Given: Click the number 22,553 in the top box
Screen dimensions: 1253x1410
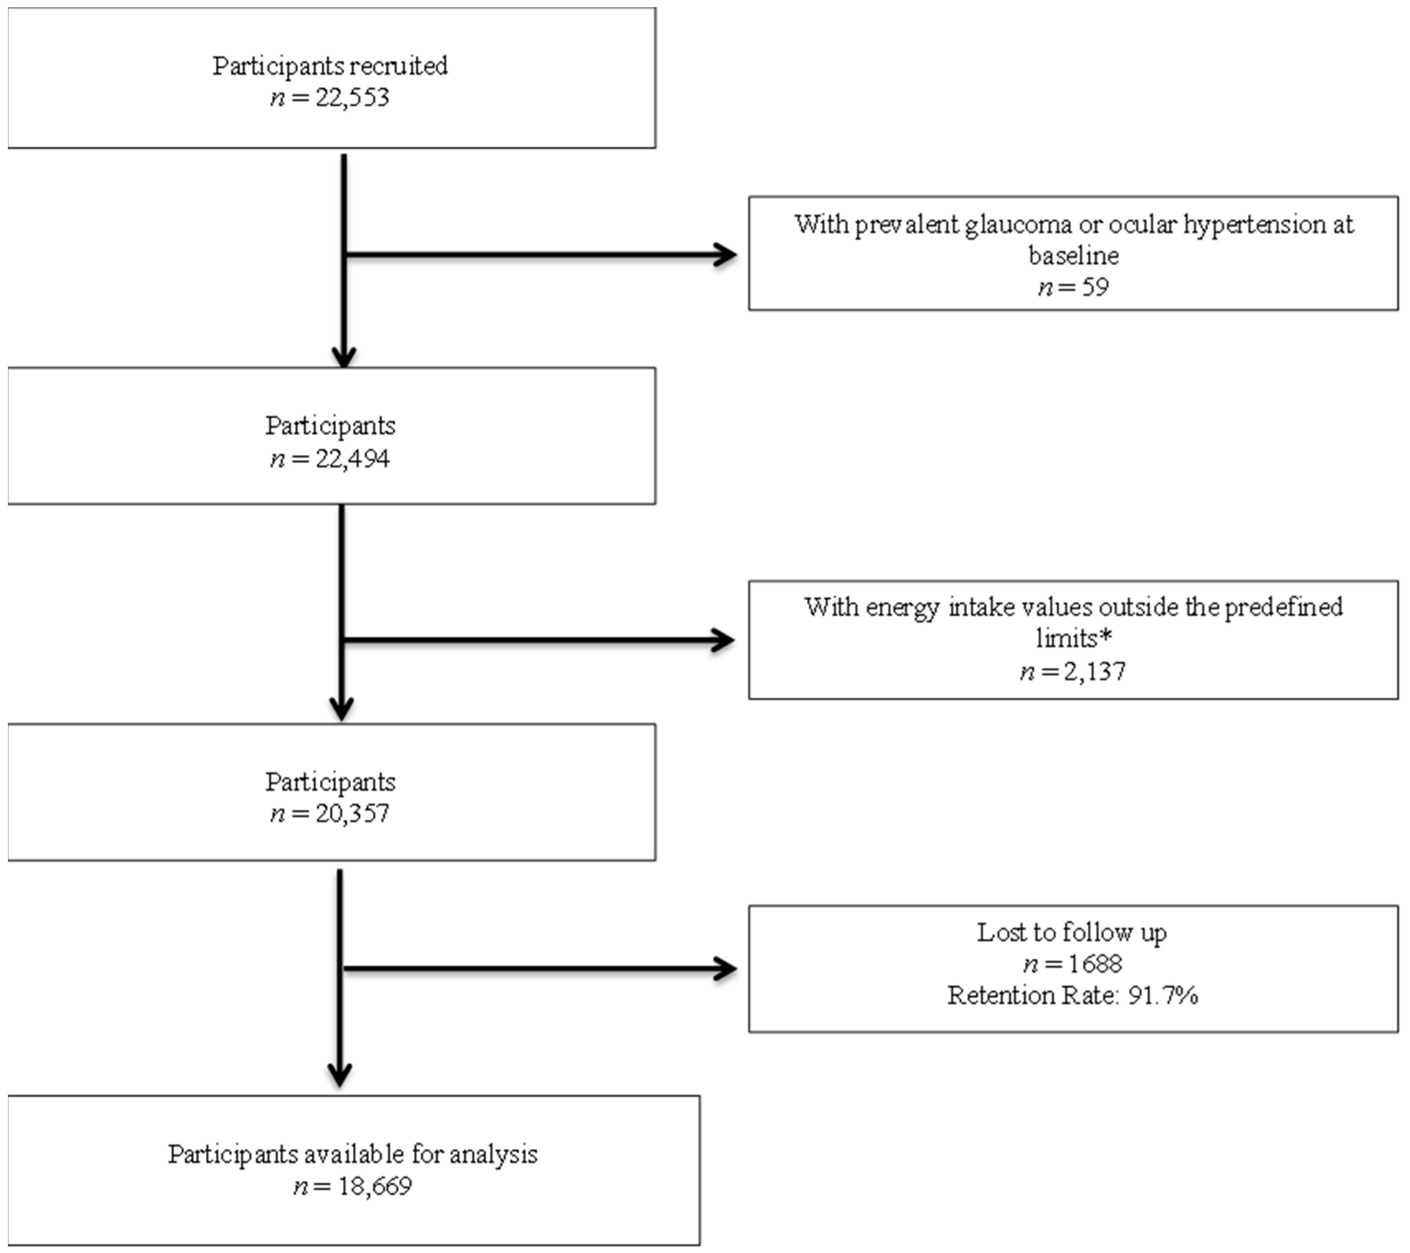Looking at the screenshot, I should pyautogui.click(x=352, y=98).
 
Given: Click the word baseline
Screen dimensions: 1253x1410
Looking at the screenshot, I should pyautogui.click(x=1073, y=256).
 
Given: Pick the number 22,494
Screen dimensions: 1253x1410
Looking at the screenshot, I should pyautogui.click(x=352, y=459).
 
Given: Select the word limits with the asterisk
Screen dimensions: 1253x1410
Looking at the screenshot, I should pyautogui.click(x=1073, y=639).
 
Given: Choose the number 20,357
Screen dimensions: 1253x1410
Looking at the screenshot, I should pyautogui.click(x=352, y=814).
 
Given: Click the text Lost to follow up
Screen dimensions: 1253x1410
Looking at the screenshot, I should pyautogui.click(x=1071, y=933).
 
